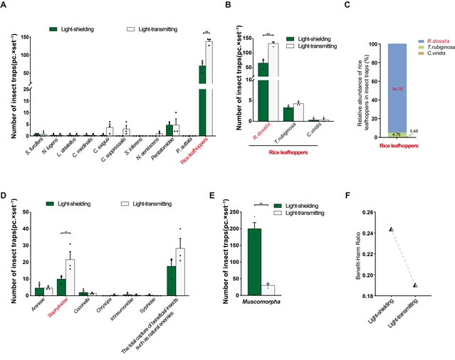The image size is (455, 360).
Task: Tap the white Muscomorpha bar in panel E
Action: click(288, 290)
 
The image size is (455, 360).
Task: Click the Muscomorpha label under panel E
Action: click(279, 302)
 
